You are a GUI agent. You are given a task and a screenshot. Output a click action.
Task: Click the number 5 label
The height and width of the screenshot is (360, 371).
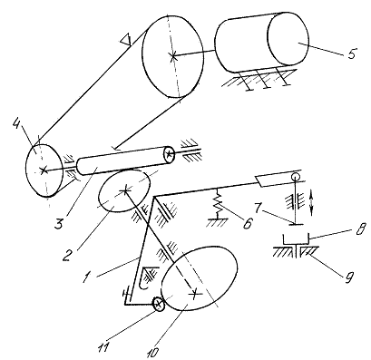click(x=352, y=54)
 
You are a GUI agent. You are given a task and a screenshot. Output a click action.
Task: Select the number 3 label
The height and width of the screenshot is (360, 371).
click(x=59, y=223)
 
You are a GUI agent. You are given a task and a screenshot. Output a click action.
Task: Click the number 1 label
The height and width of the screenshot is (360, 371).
click(x=86, y=277)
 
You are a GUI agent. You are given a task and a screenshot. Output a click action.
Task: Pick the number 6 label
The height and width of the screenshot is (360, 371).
click(x=248, y=223)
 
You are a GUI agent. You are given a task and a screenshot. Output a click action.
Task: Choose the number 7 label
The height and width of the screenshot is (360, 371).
click(x=258, y=209)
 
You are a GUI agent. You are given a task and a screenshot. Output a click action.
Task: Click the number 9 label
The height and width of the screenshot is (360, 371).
click(x=349, y=277)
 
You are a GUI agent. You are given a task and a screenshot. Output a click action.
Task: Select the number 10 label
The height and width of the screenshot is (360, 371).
click(x=153, y=352)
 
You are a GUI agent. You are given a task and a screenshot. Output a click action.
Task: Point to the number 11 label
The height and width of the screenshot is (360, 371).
click(x=103, y=346)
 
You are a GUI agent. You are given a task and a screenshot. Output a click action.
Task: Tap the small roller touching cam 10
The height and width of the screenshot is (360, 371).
click(x=158, y=304)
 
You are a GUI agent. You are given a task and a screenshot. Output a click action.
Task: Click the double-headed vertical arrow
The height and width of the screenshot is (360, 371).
click(x=313, y=201)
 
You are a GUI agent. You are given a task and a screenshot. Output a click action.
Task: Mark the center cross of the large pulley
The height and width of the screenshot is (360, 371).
click(x=172, y=56)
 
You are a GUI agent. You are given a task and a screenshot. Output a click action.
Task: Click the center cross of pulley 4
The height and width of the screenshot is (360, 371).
click(x=44, y=170)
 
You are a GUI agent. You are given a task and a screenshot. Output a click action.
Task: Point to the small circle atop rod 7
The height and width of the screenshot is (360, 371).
click(x=296, y=176)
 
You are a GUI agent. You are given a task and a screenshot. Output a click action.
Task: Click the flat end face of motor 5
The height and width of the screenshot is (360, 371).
click(x=288, y=39)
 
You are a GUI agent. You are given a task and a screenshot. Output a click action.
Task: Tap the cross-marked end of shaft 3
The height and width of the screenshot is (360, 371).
click(x=169, y=154)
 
